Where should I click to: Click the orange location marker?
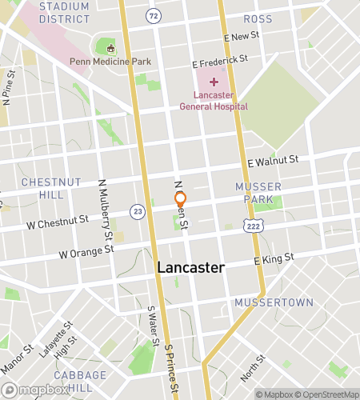click(181, 198)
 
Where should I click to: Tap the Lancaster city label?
click(190, 268)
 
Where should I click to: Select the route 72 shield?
click(154, 15)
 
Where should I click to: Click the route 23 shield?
click(138, 211)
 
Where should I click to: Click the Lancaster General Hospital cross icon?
click(214, 82)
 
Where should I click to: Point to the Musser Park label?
click(258, 192)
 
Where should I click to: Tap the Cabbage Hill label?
click(80, 382)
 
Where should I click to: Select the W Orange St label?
click(86, 252)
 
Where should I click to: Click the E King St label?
click(274, 259)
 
